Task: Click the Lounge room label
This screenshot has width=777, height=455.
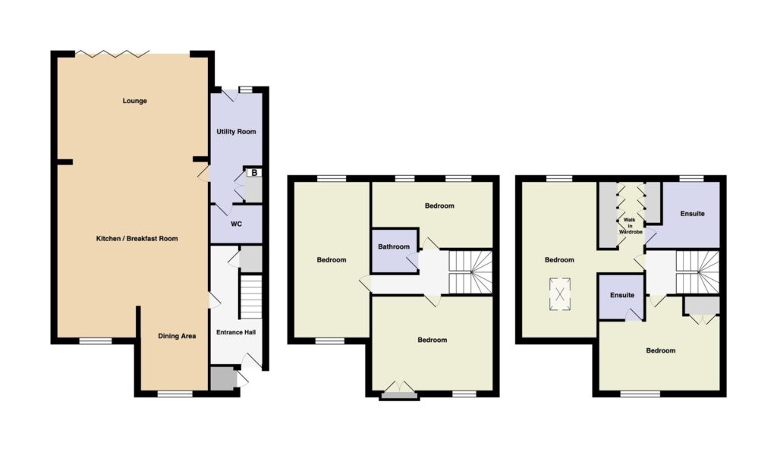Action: coord(135,101)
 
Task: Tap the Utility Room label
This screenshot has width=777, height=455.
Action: coord(237,132)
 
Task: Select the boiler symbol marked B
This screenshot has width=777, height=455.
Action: coord(254,173)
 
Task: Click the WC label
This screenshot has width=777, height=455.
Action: coord(237,224)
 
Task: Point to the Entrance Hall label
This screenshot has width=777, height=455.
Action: coord(236,332)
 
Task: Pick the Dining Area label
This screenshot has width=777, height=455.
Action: coord(177,336)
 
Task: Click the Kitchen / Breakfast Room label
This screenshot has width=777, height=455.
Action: coord(137,239)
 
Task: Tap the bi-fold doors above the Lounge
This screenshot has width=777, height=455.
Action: coord(112,52)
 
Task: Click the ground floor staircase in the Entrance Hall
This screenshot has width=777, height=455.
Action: coord(250,297)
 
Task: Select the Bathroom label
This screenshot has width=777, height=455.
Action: coord(394,246)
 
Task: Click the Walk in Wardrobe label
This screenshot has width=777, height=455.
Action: coord(631,226)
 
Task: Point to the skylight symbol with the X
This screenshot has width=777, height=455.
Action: coord(560,294)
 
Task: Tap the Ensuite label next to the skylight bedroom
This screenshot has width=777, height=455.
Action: coord(622,295)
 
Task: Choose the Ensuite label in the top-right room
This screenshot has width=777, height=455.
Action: coord(692,214)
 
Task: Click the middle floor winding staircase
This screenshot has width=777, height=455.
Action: coord(470,272)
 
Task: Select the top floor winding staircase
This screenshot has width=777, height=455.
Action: coord(698,272)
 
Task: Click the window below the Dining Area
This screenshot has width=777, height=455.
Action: coord(175,394)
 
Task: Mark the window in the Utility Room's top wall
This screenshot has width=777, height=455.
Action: coord(245,89)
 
